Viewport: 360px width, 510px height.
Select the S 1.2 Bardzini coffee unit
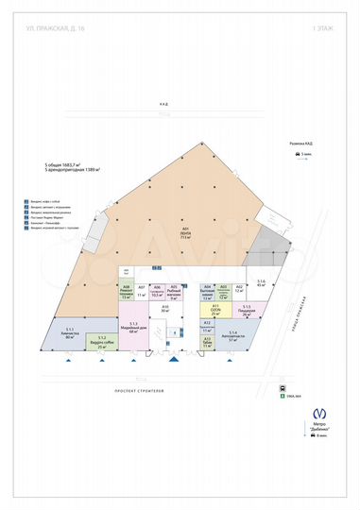click(x=100, y=343)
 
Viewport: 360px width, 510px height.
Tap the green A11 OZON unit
click(x=215, y=309)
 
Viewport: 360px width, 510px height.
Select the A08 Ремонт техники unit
click(x=126, y=292)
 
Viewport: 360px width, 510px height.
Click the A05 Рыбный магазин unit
click(x=174, y=292)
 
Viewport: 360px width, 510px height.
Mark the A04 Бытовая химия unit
click(x=207, y=292)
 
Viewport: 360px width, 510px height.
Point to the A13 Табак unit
click(x=207, y=343)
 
